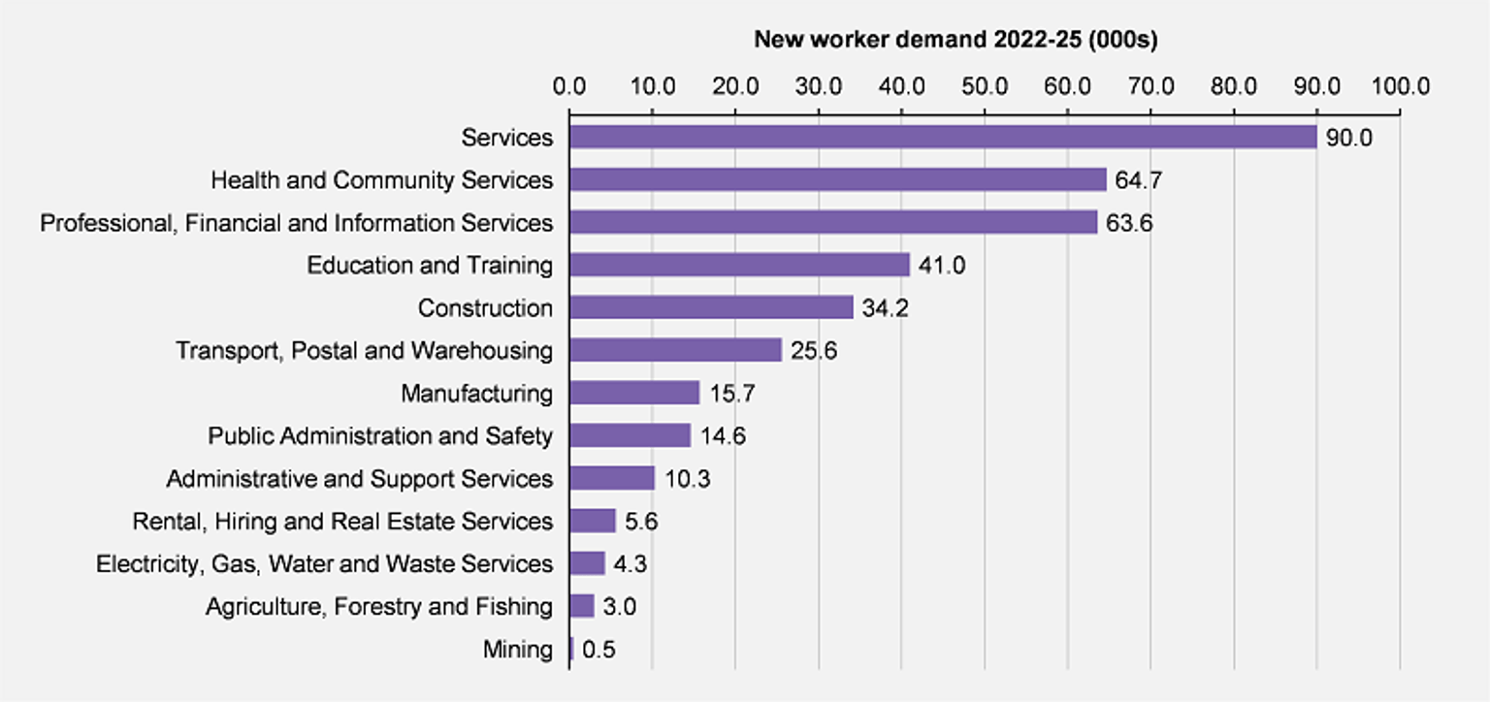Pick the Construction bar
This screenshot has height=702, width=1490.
(710, 307)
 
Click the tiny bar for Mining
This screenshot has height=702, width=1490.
(571, 649)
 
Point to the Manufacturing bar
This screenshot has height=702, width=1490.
(633, 393)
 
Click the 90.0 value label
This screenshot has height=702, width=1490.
(1349, 138)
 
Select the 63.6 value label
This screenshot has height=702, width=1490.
(1129, 223)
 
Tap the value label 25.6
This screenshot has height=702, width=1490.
(813, 351)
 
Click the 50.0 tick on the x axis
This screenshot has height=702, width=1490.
(985, 86)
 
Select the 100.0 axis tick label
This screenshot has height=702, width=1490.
(1400, 86)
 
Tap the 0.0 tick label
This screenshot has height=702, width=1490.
(569, 86)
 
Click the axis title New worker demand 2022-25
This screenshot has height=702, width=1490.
(956, 40)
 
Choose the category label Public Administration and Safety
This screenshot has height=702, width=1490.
(380, 436)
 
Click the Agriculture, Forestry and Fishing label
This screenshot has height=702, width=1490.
(378, 607)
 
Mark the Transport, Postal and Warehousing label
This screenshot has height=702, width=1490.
(364, 351)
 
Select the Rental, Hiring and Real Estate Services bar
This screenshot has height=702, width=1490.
(592, 521)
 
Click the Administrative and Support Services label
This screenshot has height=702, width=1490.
(359, 479)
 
